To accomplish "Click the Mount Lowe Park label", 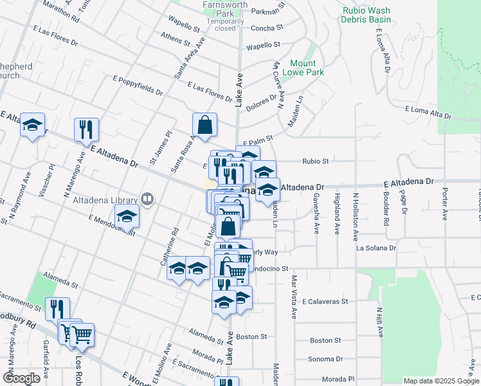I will (x=303, y=68).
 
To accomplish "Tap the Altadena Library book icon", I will (x=148, y=201).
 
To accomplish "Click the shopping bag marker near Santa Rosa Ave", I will (x=204, y=126).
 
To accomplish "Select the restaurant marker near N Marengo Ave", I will (x=86, y=129).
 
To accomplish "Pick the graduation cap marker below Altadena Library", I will (x=127, y=216).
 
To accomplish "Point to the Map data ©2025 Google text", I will (x=441, y=381).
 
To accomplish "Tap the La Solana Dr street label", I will (x=376, y=248).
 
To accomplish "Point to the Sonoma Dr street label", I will (x=325, y=359).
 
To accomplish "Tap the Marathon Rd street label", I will (x=61, y=11).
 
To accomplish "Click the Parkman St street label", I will (x=268, y=11).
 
